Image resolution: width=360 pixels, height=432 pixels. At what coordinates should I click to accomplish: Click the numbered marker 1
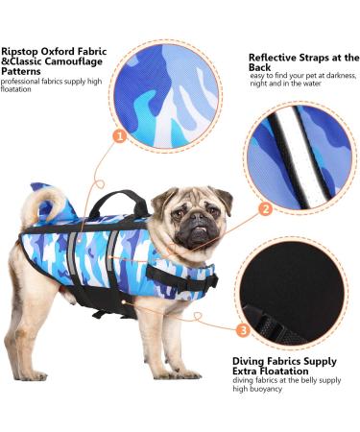point(120,136)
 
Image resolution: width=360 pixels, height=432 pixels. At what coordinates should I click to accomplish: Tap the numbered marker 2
point(265,209)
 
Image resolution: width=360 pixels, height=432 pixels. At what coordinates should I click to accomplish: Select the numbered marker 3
point(243,330)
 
